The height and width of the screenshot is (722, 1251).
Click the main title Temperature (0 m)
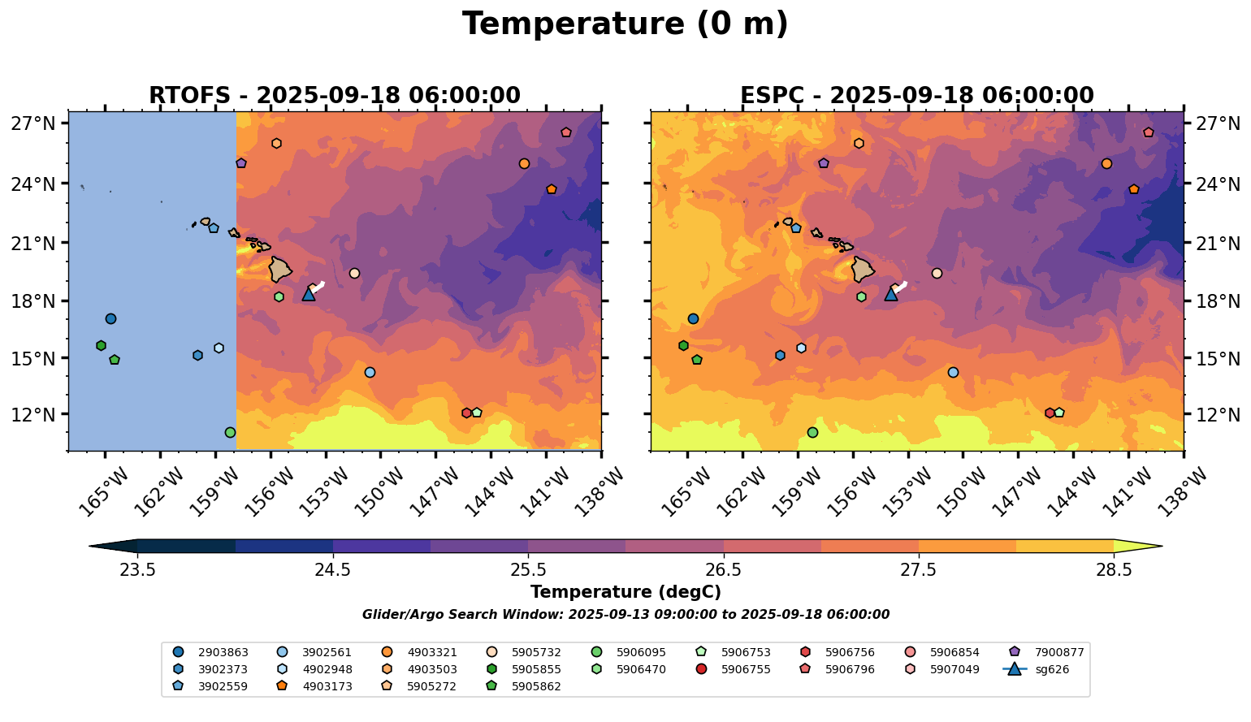tap(625, 24)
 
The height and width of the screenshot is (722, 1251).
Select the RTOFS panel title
tap(334, 96)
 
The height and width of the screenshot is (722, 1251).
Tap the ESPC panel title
tap(916, 96)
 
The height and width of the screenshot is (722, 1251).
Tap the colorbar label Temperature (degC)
tap(625, 593)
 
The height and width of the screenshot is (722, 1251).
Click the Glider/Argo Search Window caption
tap(625, 615)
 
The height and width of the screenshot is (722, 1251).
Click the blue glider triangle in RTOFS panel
tap(309, 294)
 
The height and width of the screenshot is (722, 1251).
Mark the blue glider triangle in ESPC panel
tap(891, 294)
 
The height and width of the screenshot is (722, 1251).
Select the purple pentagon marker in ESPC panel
tap(824, 163)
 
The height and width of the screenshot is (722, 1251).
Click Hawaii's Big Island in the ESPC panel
tap(863, 269)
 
